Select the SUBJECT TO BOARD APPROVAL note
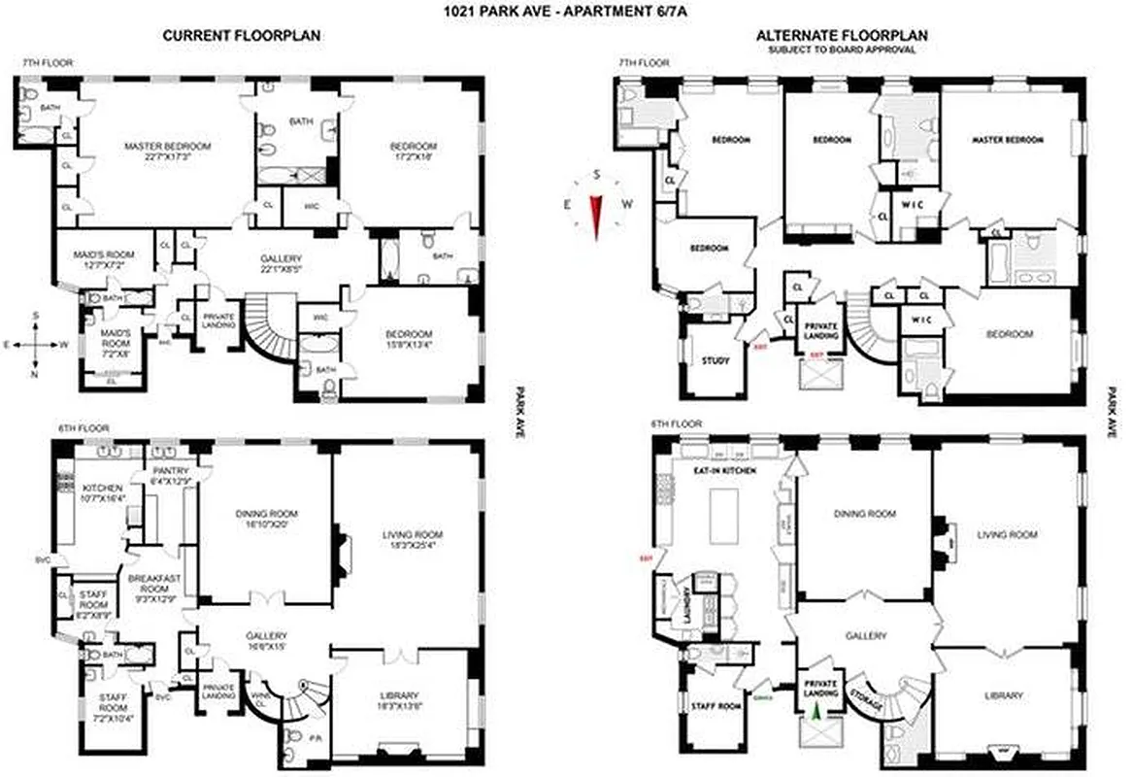(841, 49)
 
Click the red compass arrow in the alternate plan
(596, 215)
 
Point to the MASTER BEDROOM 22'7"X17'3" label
(168, 152)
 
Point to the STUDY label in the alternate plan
(715, 361)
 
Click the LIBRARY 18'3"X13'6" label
(399, 700)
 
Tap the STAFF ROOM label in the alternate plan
(715, 705)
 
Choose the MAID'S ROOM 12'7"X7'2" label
(102, 259)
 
